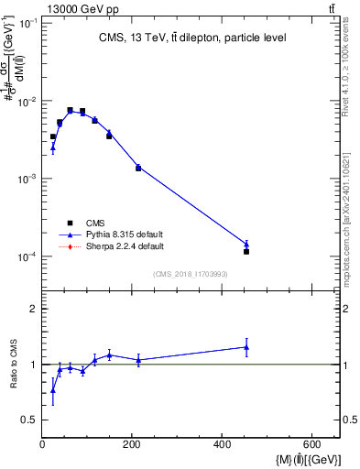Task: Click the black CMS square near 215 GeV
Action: coord(138,169)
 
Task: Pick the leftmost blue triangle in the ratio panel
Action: coord(52,390)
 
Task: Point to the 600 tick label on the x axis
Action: coord(312,445)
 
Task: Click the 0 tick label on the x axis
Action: coord(42,445)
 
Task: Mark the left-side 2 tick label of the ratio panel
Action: coord(33,310)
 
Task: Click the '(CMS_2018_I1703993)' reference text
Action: coord(191,274)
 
